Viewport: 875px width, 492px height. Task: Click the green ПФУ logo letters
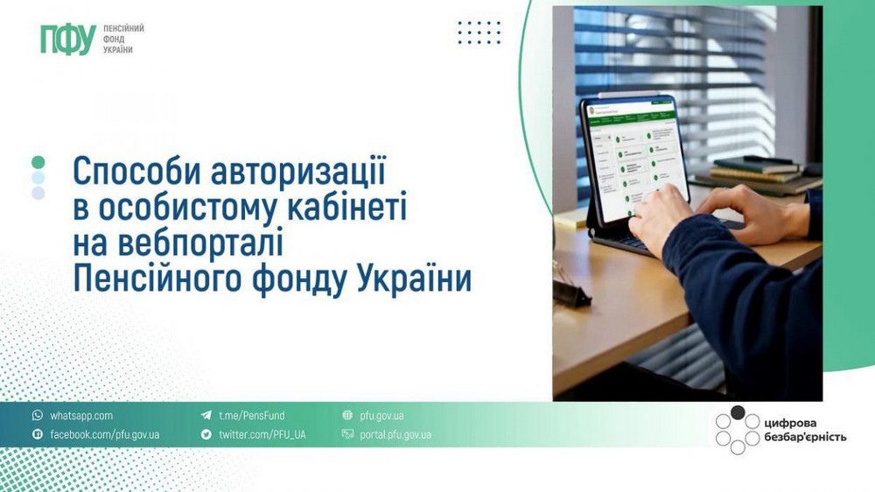tap(67, 39)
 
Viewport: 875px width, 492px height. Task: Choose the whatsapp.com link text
tap(81, 416)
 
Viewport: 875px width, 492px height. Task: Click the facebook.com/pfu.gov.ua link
tap(104, 434)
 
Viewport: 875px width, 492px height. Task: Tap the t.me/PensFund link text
tap(251, 416)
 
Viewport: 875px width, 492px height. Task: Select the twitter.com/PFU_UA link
tap(262, 434)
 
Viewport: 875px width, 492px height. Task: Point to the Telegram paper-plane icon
tap(206, 416)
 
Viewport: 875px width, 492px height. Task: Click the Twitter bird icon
tap(206, 434)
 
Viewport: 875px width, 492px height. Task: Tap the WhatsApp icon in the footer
tap(37, 416)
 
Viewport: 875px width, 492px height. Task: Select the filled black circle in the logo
tap(738, 412)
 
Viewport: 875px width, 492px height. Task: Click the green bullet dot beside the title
tap(38, 162)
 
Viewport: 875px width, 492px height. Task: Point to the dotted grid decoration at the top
tap(479, 32)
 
